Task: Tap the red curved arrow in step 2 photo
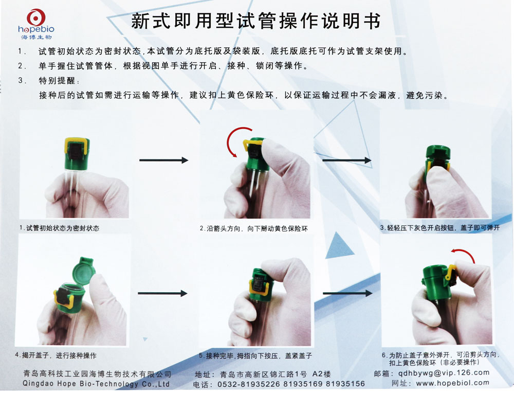pyautogui.click(x=232, y=142)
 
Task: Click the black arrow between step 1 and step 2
pyautogui.click(x=164, y=160)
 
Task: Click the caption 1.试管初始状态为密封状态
pyautogui.click(x=59, y=228)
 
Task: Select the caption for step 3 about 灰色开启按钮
pyautogui.click(x=439, y=227)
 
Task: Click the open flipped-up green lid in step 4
pyautogui.click(x=82, y=268)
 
